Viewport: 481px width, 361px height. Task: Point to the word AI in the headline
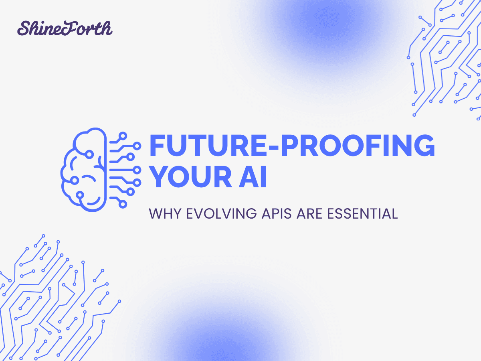254,178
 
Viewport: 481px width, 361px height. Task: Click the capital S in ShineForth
24,29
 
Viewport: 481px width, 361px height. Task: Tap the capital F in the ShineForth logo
71,28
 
